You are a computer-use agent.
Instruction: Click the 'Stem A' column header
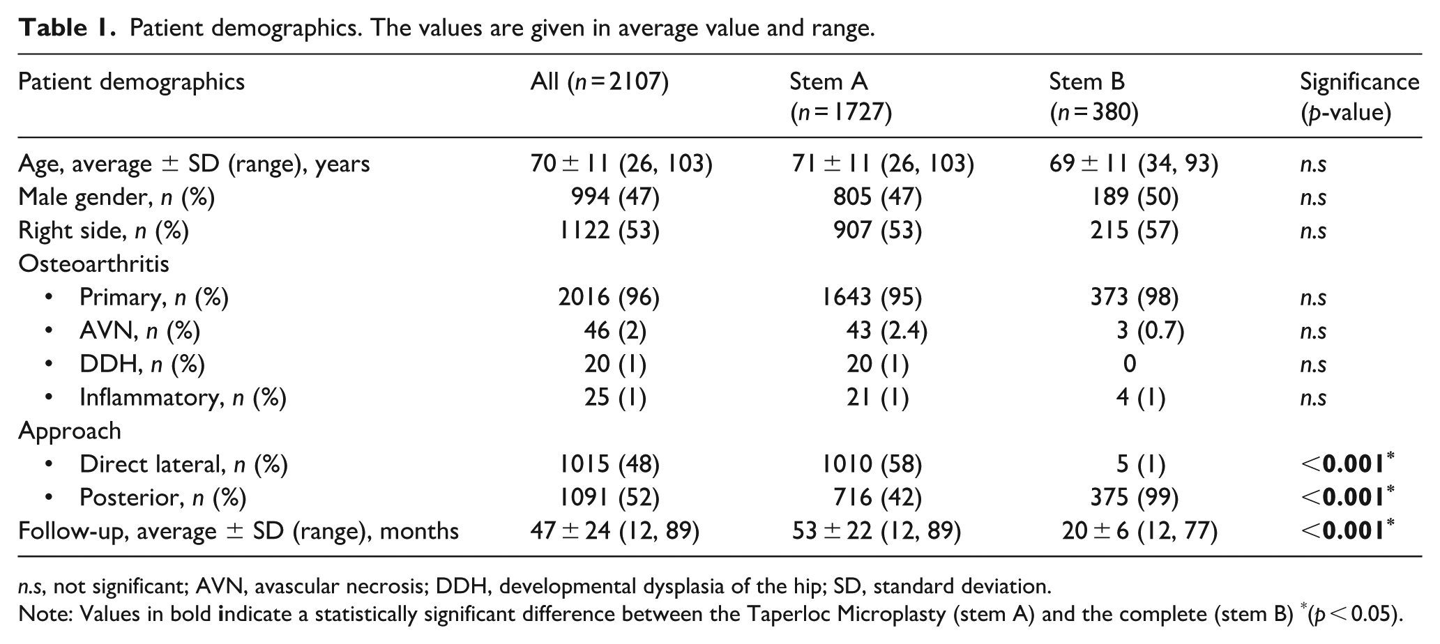840,97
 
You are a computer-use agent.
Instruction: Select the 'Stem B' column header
1094,97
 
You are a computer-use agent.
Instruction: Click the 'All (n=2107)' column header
600,82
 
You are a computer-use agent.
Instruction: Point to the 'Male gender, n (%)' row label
116,198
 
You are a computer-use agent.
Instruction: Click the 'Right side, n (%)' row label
104,231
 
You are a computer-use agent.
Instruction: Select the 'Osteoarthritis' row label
93,263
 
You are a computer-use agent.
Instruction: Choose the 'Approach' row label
70,431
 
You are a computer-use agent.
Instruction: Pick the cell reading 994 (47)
615,198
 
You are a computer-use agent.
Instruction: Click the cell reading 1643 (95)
872,298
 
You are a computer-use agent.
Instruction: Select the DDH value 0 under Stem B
1130,364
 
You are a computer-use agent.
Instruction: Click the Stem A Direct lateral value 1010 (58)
872,464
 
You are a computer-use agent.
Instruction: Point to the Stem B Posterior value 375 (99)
1134,498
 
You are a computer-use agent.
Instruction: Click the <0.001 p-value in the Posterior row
1347,496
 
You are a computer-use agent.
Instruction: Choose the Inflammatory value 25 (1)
615,397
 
